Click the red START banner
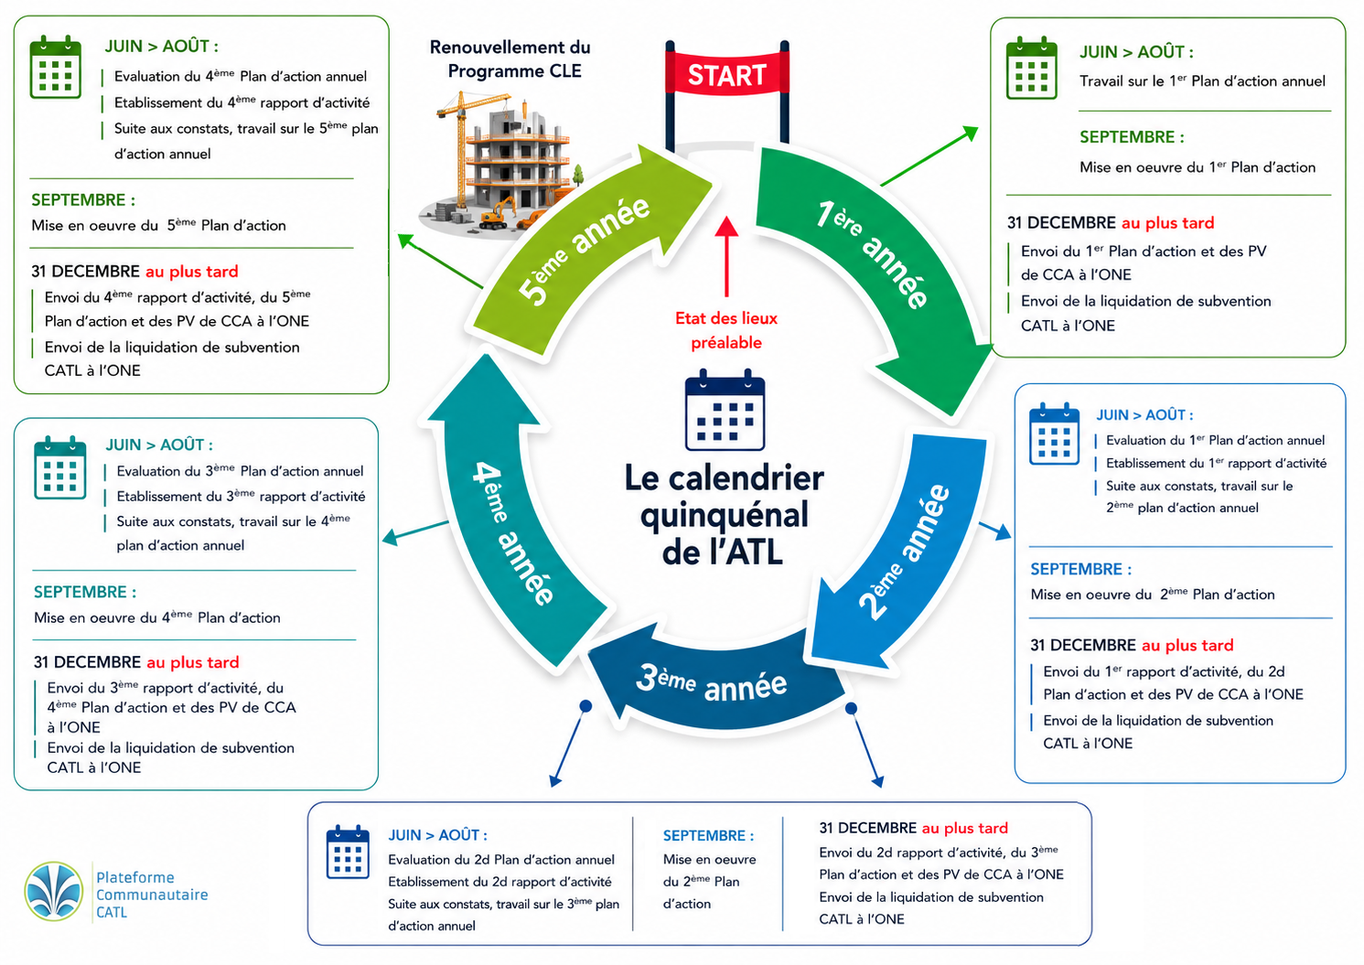(727, 75)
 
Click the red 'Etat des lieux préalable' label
(726, 330)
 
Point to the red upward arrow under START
(726, 256)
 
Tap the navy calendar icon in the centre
(725, 410)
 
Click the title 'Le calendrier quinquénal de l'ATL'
(724, 515)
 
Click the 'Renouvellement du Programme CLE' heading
(510, 59)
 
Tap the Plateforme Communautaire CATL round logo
(54, 891)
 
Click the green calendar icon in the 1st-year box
(1032, 68)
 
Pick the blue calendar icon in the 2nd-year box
(1054, 434)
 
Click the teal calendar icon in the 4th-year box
(59, 467)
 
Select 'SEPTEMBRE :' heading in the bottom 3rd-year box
(708, 835)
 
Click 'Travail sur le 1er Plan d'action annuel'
(1202, 81)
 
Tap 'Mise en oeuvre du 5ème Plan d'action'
(158, 225)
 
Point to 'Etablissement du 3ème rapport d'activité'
(241, 496)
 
